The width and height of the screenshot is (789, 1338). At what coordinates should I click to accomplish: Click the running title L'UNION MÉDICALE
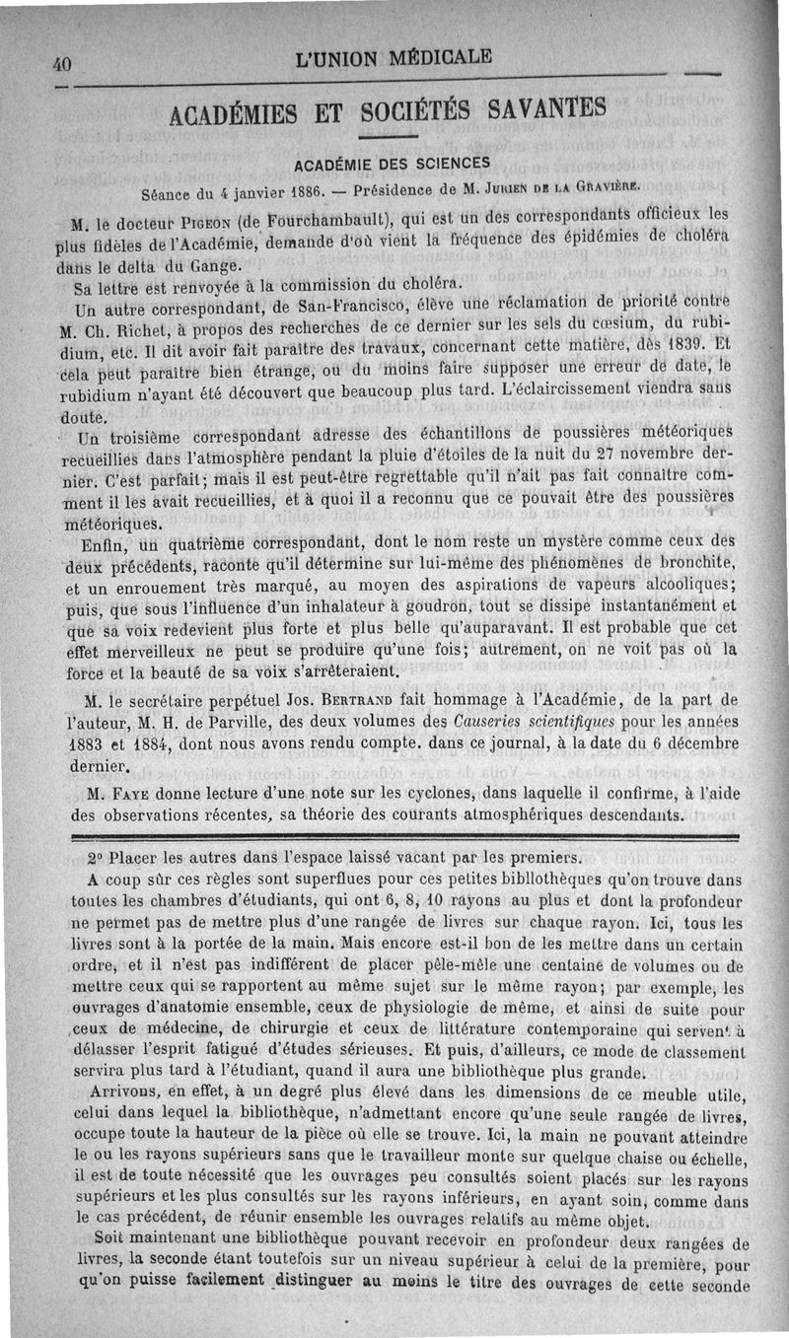392,57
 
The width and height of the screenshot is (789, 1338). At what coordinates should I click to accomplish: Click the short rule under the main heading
388,136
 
